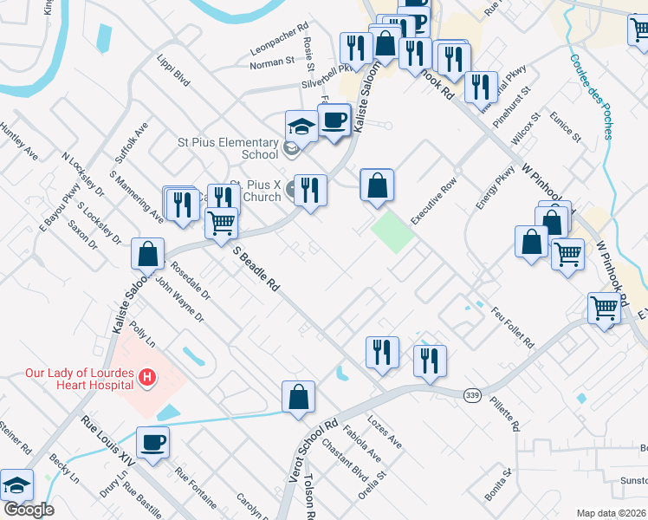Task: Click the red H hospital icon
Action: (x=147, y=377)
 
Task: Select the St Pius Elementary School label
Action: (x=230, y=148)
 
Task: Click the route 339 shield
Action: (x=472, y=395)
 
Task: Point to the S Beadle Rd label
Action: (x=257, y=269)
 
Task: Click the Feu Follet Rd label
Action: (x=512, y=327)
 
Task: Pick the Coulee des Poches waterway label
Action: (x=592, y=97)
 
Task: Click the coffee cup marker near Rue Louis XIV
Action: (x=153, y=441)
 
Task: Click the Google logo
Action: (x=28, y=510)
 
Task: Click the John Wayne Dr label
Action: (x=179, y=299)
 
